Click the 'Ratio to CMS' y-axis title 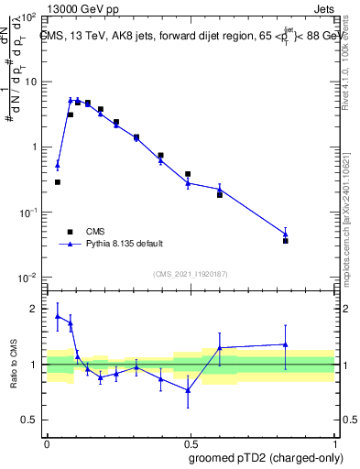pos(14,364)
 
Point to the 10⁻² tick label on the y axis pos(28,278)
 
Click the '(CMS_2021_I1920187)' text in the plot pos(191,274)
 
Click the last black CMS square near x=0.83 pos(286,241)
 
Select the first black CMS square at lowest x pos(58,182)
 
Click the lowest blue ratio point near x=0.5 pos(188,390)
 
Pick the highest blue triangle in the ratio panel pos(58,316)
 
